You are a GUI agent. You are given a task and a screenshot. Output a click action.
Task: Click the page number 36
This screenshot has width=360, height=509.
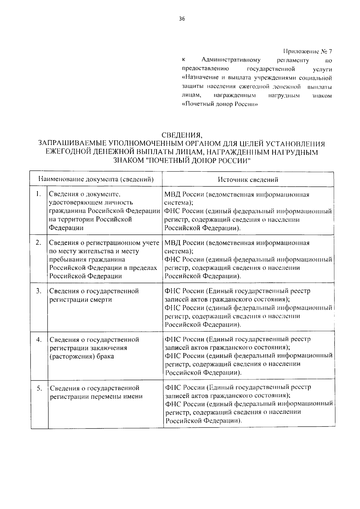tap(182, 19)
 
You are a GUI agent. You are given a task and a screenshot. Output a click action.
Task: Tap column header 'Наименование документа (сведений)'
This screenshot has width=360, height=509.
tap(96, 179)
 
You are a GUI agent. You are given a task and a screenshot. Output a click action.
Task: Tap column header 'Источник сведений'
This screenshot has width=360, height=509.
tap(248, 179)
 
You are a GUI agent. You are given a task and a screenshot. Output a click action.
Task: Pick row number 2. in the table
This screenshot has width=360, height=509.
tap(38, 242)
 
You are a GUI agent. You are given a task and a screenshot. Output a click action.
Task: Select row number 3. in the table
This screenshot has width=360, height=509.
tap(38, 291)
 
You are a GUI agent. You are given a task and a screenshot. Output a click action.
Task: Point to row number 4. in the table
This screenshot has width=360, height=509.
tap(39, 339)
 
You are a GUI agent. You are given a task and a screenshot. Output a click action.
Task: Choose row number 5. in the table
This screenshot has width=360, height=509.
tap(39, 388)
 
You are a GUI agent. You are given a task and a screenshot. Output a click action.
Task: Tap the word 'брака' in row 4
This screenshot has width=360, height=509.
tap(105, 357)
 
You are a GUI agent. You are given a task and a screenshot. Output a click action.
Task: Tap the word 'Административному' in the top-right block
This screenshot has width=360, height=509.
tap(231, 60)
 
